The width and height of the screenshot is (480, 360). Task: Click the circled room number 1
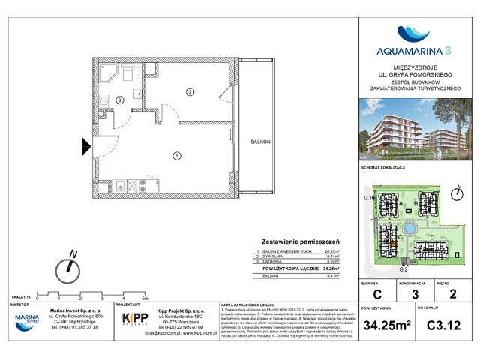pos(176,156)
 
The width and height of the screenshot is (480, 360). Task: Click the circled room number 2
pos(190,92)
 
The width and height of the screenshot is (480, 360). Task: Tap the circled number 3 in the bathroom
pos(118,99)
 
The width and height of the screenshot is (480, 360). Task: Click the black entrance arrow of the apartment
pos(86,146)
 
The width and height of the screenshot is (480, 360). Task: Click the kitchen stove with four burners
pos(133,184)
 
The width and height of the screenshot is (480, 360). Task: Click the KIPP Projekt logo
pos(136,318)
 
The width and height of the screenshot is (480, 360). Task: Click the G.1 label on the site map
pos(368,197)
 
